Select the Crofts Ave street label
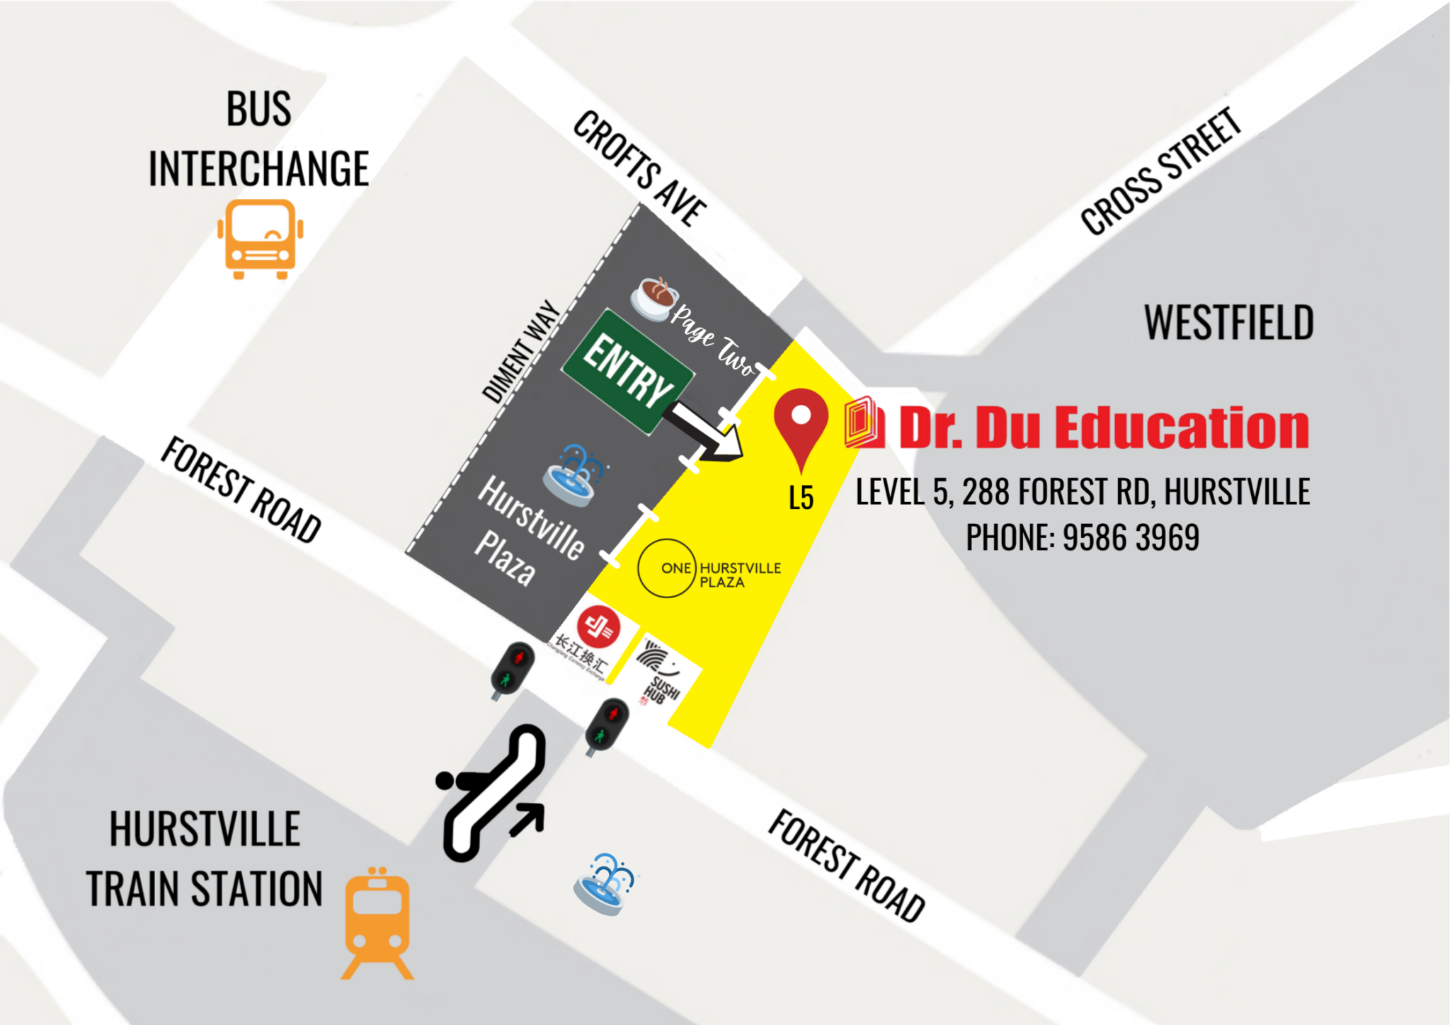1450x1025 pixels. (x=639, y=168)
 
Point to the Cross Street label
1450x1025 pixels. (x=1161, y=171)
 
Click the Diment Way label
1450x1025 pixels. (x=521, y=352)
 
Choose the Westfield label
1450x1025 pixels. (x=1228, y=323)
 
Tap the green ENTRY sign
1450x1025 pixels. (x=627, y=371)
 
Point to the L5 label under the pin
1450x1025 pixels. (x=801, y=498)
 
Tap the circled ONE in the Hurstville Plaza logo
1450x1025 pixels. (x=667, y=568)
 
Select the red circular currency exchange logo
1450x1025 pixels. (x=598, y=626)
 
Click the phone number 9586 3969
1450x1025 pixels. (x=1131, y=537)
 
